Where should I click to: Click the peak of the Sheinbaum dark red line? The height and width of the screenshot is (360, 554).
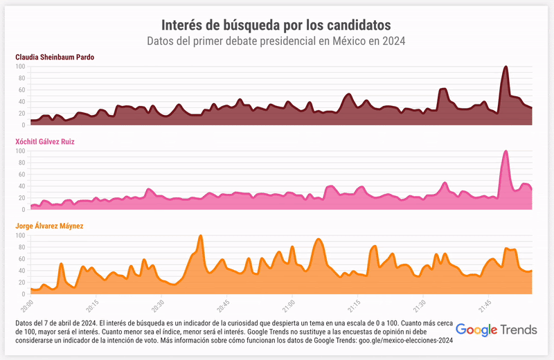point(506,67)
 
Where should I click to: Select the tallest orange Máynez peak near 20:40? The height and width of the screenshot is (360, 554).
point(200,236)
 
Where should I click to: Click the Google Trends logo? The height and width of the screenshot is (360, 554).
point(497,330)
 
